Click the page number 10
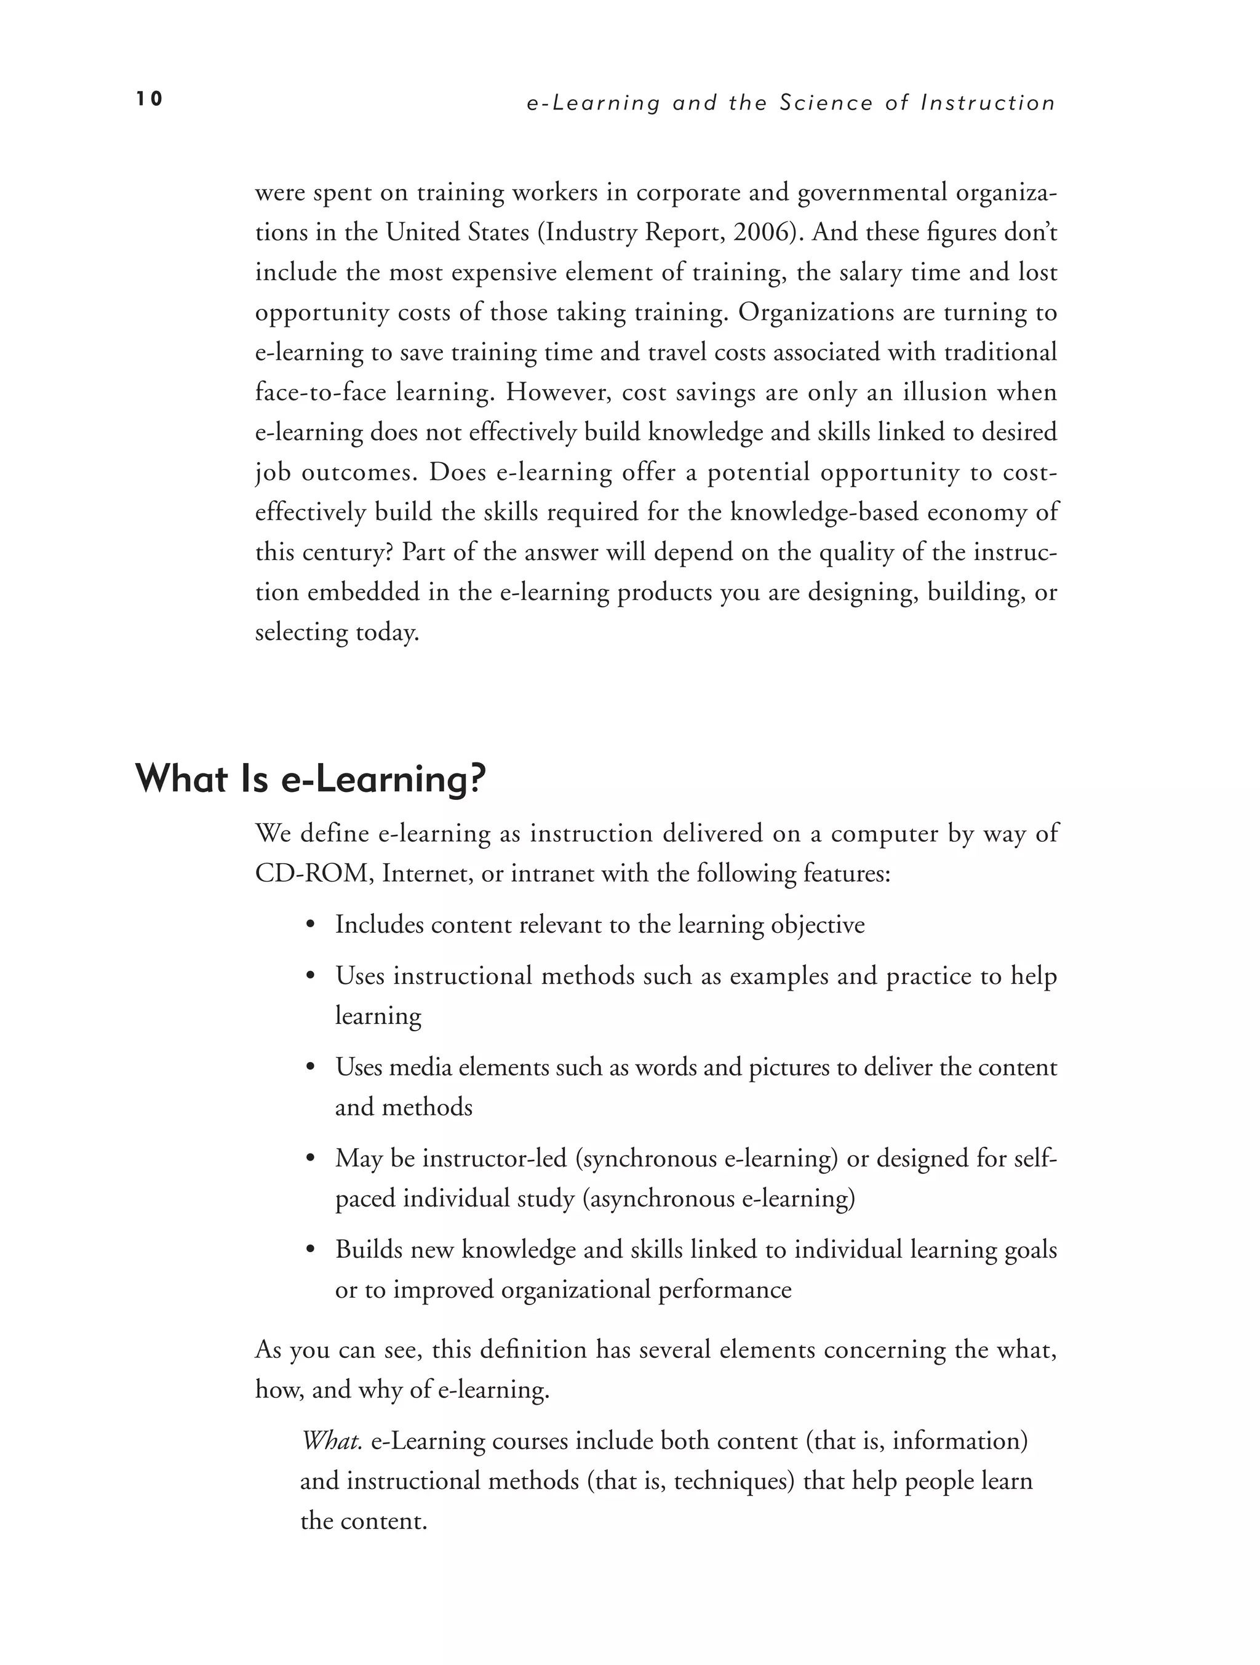point(149,98)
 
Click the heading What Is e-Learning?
point(311,778)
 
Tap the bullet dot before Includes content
point(310,925)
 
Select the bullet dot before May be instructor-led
point(310,1159)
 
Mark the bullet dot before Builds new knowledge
point(310,1250)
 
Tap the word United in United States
point(423,232)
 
